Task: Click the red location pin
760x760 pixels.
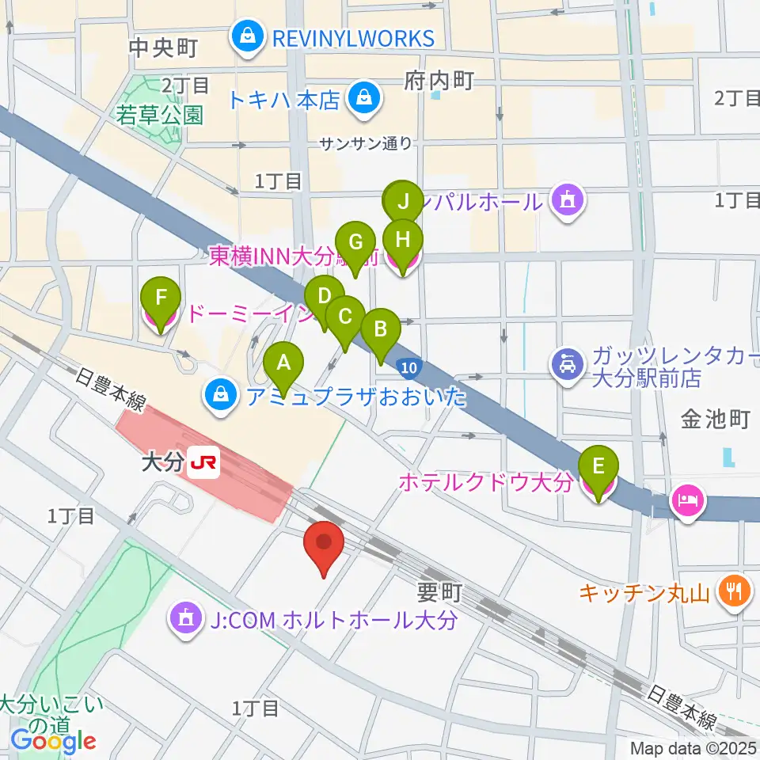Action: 325,544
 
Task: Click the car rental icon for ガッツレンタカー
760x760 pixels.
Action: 569,364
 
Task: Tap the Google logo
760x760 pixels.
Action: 53,741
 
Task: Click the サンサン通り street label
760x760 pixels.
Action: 366,143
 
